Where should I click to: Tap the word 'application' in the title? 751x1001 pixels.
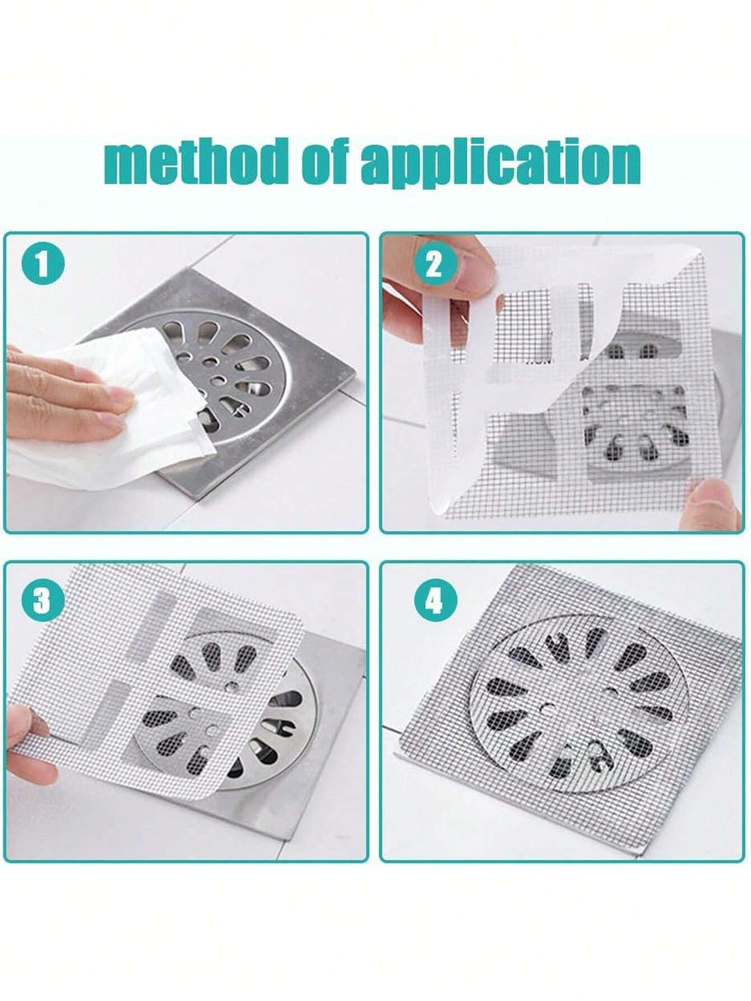click(x=500, y=164)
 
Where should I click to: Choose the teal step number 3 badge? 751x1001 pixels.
click(x=43, y=601)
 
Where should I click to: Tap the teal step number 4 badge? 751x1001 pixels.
click(x=435, y=601)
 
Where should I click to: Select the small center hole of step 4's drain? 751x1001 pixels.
click(x=543, y=708)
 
